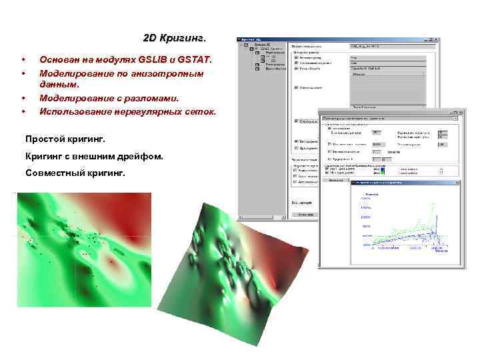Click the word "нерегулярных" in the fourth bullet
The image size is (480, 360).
148,111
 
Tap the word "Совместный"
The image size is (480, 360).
54,173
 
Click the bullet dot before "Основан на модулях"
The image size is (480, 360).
23,60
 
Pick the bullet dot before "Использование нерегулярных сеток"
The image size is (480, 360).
23,111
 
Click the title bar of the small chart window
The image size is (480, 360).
393,181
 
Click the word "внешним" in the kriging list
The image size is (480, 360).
95,156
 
